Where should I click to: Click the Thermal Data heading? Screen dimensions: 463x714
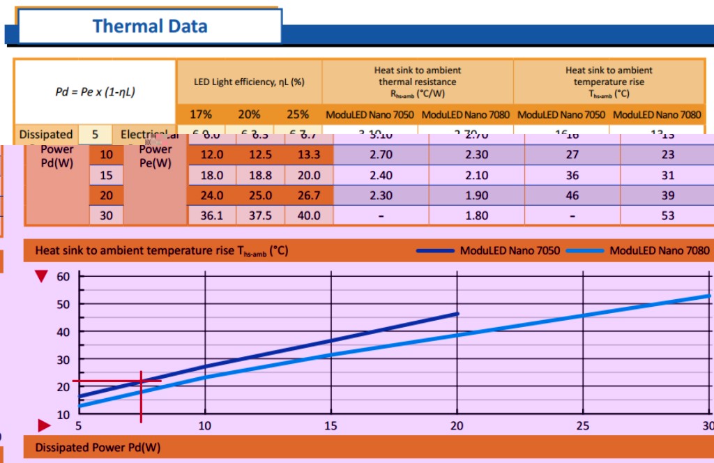point(150,26)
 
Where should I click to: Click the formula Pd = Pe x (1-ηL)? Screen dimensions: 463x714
point(95,91)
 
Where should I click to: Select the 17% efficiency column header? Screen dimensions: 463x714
point(202,114)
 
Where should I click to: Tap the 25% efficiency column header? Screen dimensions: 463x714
point(298,114)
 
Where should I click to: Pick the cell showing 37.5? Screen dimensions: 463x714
point(260,215)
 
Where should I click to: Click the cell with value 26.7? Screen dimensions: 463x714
point(308,196)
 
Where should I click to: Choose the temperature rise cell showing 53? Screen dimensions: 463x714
point(668,215)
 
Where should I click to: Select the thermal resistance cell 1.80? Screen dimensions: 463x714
point(476,215)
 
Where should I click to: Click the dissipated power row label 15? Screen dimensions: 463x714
point(106,176)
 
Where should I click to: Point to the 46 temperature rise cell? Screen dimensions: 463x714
point(572,196)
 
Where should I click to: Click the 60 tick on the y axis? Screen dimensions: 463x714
point(63,276)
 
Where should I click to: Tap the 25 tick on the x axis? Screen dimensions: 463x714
point(582,426)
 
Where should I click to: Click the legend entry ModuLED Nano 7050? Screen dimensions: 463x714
point(510,250)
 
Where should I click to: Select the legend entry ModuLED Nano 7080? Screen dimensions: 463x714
point(659,250)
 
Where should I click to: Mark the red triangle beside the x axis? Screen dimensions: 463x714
point(44,425)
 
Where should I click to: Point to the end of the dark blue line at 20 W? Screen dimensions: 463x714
point(457,314)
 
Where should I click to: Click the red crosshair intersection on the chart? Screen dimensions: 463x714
point(142,381)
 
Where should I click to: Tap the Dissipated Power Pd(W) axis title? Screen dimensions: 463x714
point(98,447)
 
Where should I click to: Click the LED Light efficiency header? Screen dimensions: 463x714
point(250,82)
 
